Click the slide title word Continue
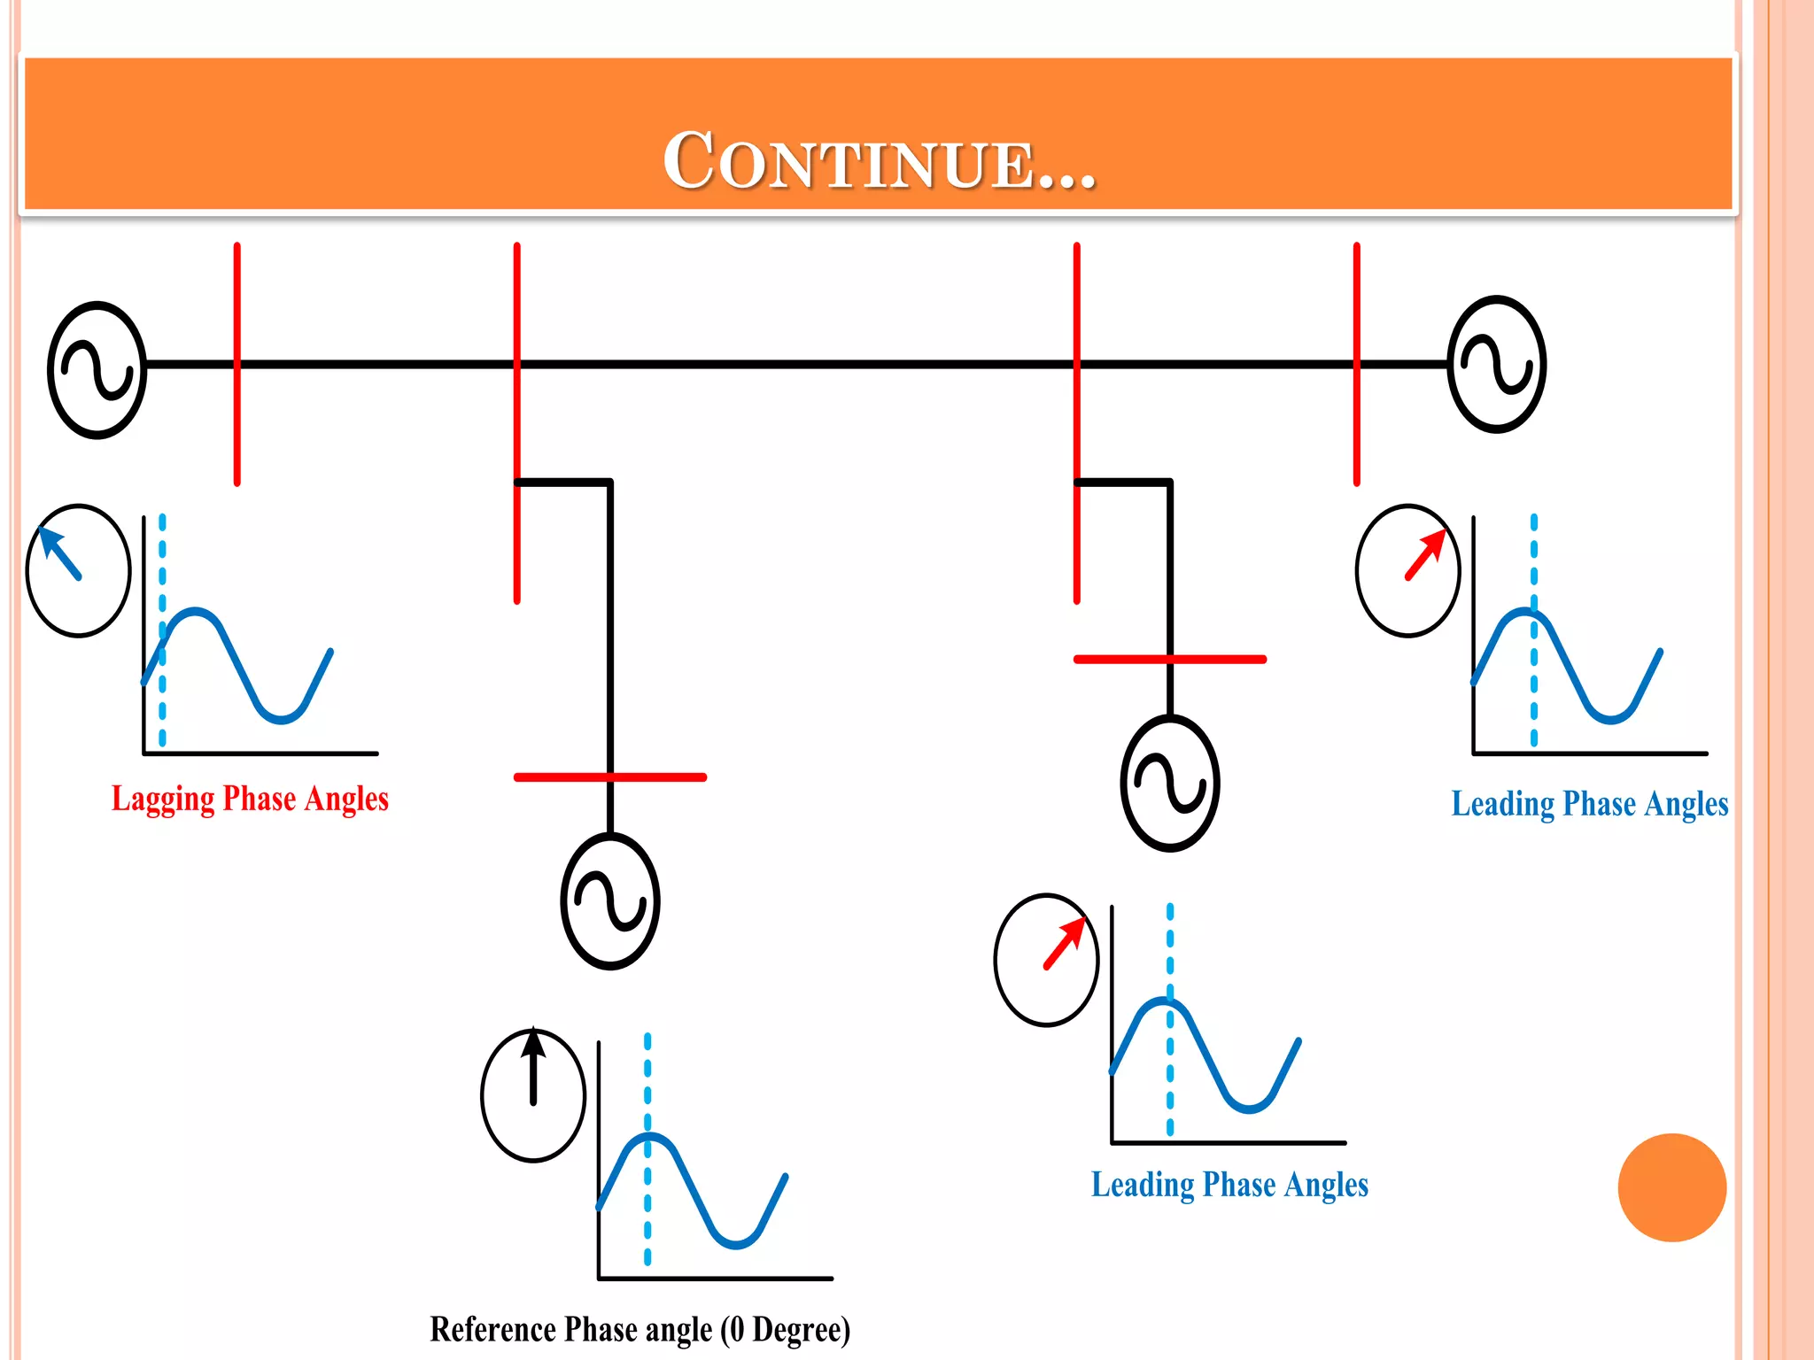pyautogui.click(x=879, y=161)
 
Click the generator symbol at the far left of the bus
pyautogui.click(x=97, y=369)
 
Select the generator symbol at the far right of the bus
pyautogui.click(x=1496, y=364)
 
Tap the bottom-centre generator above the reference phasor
pyautogui.click(x=610, y=900)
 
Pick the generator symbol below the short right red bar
pyautogui.click(x=1169, y=784)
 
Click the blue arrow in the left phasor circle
pyautogui.click(x=60, y=553)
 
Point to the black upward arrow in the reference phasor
pyautogui.click(x=533, y=1067)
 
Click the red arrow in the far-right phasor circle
pyautogui.click(x=1426, y=554)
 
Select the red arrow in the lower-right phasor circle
pyautogui.click(x=1065, y=943)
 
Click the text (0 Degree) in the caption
pyautogui.click(x=785, y=1330)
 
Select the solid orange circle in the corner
pyautogui.click(x=1671, y=1187)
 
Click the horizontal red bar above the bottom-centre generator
pyautogui.click(x=610, y=777)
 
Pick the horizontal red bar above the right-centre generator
pyautogui.click(x=1169, y=660)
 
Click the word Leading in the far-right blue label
pyautogui.click(x=1503, y=804)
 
